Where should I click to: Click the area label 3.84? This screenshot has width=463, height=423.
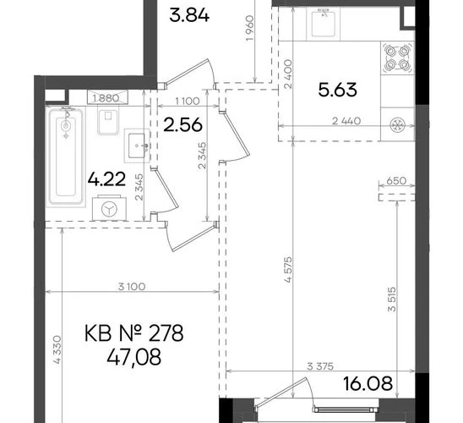point(189,16)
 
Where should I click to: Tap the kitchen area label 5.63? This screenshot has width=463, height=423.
point(337,90)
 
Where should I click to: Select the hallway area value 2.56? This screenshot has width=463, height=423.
point(182,124)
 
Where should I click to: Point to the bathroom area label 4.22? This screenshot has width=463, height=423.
point(106,179)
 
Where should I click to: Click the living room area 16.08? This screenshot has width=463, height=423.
point(368,384)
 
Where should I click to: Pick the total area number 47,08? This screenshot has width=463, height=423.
point(134,357)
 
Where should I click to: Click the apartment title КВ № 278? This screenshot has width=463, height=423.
point(133,333)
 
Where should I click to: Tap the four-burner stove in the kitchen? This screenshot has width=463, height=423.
point(397,58)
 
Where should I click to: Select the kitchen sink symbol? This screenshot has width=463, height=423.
point(324,23)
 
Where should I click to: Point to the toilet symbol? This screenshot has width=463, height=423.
point(107,122)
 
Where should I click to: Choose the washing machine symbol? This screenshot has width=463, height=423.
point(109,208)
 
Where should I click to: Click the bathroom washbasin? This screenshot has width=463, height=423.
point(136,146)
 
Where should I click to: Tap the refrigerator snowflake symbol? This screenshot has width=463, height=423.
point(396,124)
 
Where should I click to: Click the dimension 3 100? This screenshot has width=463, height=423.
point(132,287)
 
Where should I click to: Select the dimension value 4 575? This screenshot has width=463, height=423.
point(288,270)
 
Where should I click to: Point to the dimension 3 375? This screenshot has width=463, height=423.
point(320,366)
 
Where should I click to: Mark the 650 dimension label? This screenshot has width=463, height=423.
point(396,180)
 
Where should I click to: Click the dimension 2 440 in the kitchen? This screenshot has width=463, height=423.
point(346,121)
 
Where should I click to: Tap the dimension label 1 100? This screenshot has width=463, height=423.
point(188,101)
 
